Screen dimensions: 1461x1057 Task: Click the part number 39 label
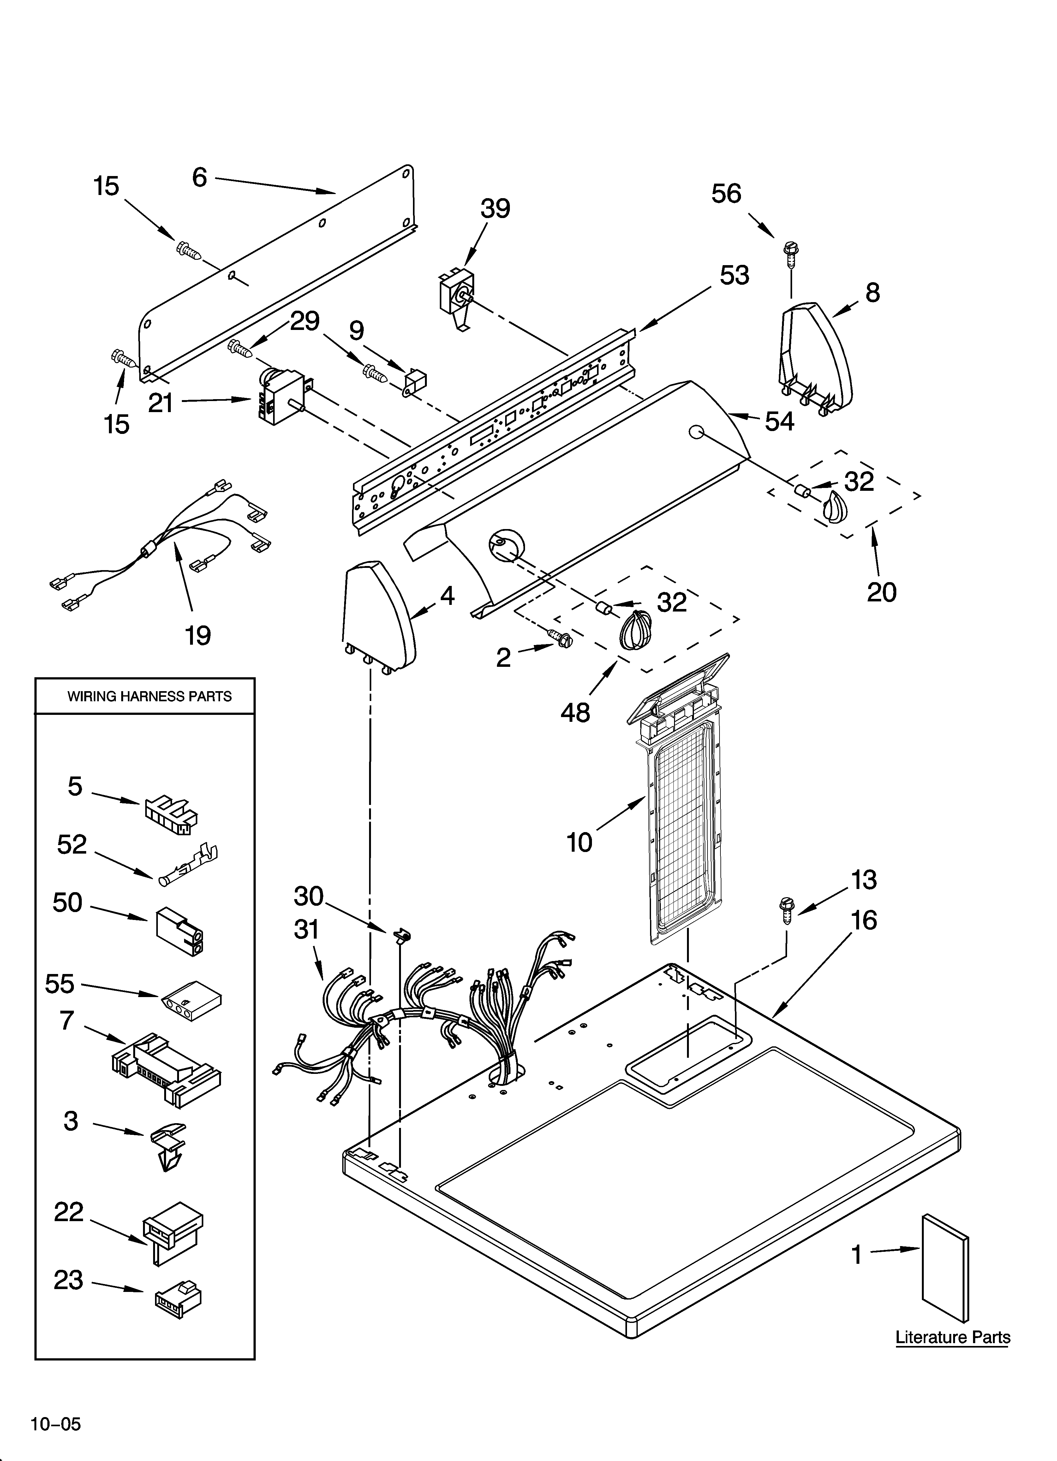coord(495,209)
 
